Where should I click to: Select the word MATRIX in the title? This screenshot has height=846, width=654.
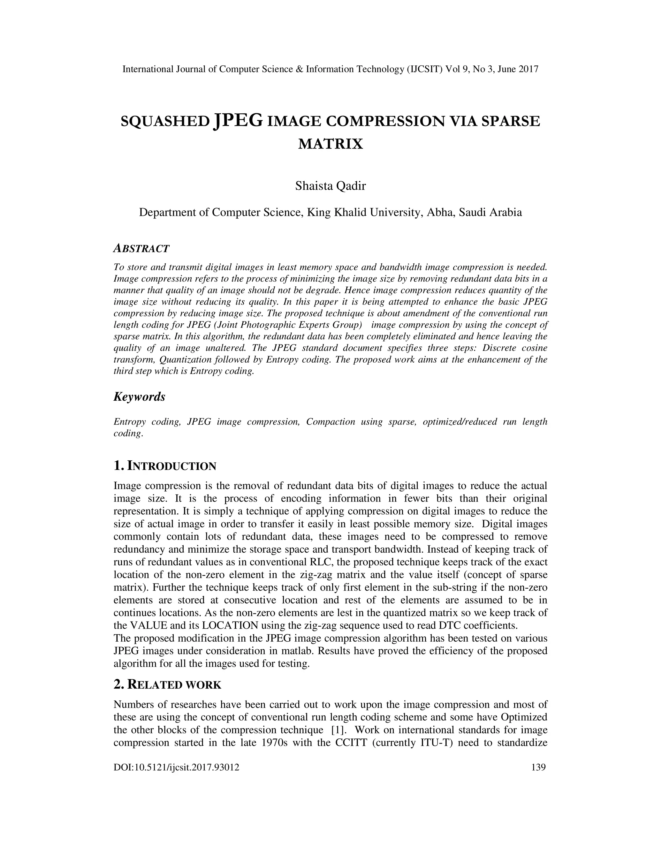[x=331, y=144]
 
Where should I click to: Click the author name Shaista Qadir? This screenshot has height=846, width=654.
[x=331, y=186]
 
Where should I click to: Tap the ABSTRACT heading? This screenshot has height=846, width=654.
[x=141, y=249]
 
